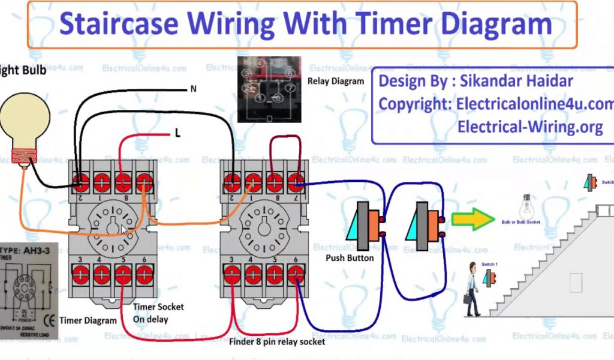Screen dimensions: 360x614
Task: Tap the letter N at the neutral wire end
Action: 193,89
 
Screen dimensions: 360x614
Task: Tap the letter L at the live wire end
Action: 177,134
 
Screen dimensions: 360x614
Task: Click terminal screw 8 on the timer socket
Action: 123,180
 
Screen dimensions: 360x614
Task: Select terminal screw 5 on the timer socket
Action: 123,274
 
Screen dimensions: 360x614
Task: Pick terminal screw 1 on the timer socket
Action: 102,180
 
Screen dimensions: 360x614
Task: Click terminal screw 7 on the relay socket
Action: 295,180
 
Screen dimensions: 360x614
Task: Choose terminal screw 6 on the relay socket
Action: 295,274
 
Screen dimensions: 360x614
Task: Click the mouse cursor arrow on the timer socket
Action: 124,230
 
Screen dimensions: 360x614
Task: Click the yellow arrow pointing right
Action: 472,220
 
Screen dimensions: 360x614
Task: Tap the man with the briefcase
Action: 472,289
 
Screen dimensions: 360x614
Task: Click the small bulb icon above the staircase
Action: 526,206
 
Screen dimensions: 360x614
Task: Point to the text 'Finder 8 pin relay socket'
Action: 277,342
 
